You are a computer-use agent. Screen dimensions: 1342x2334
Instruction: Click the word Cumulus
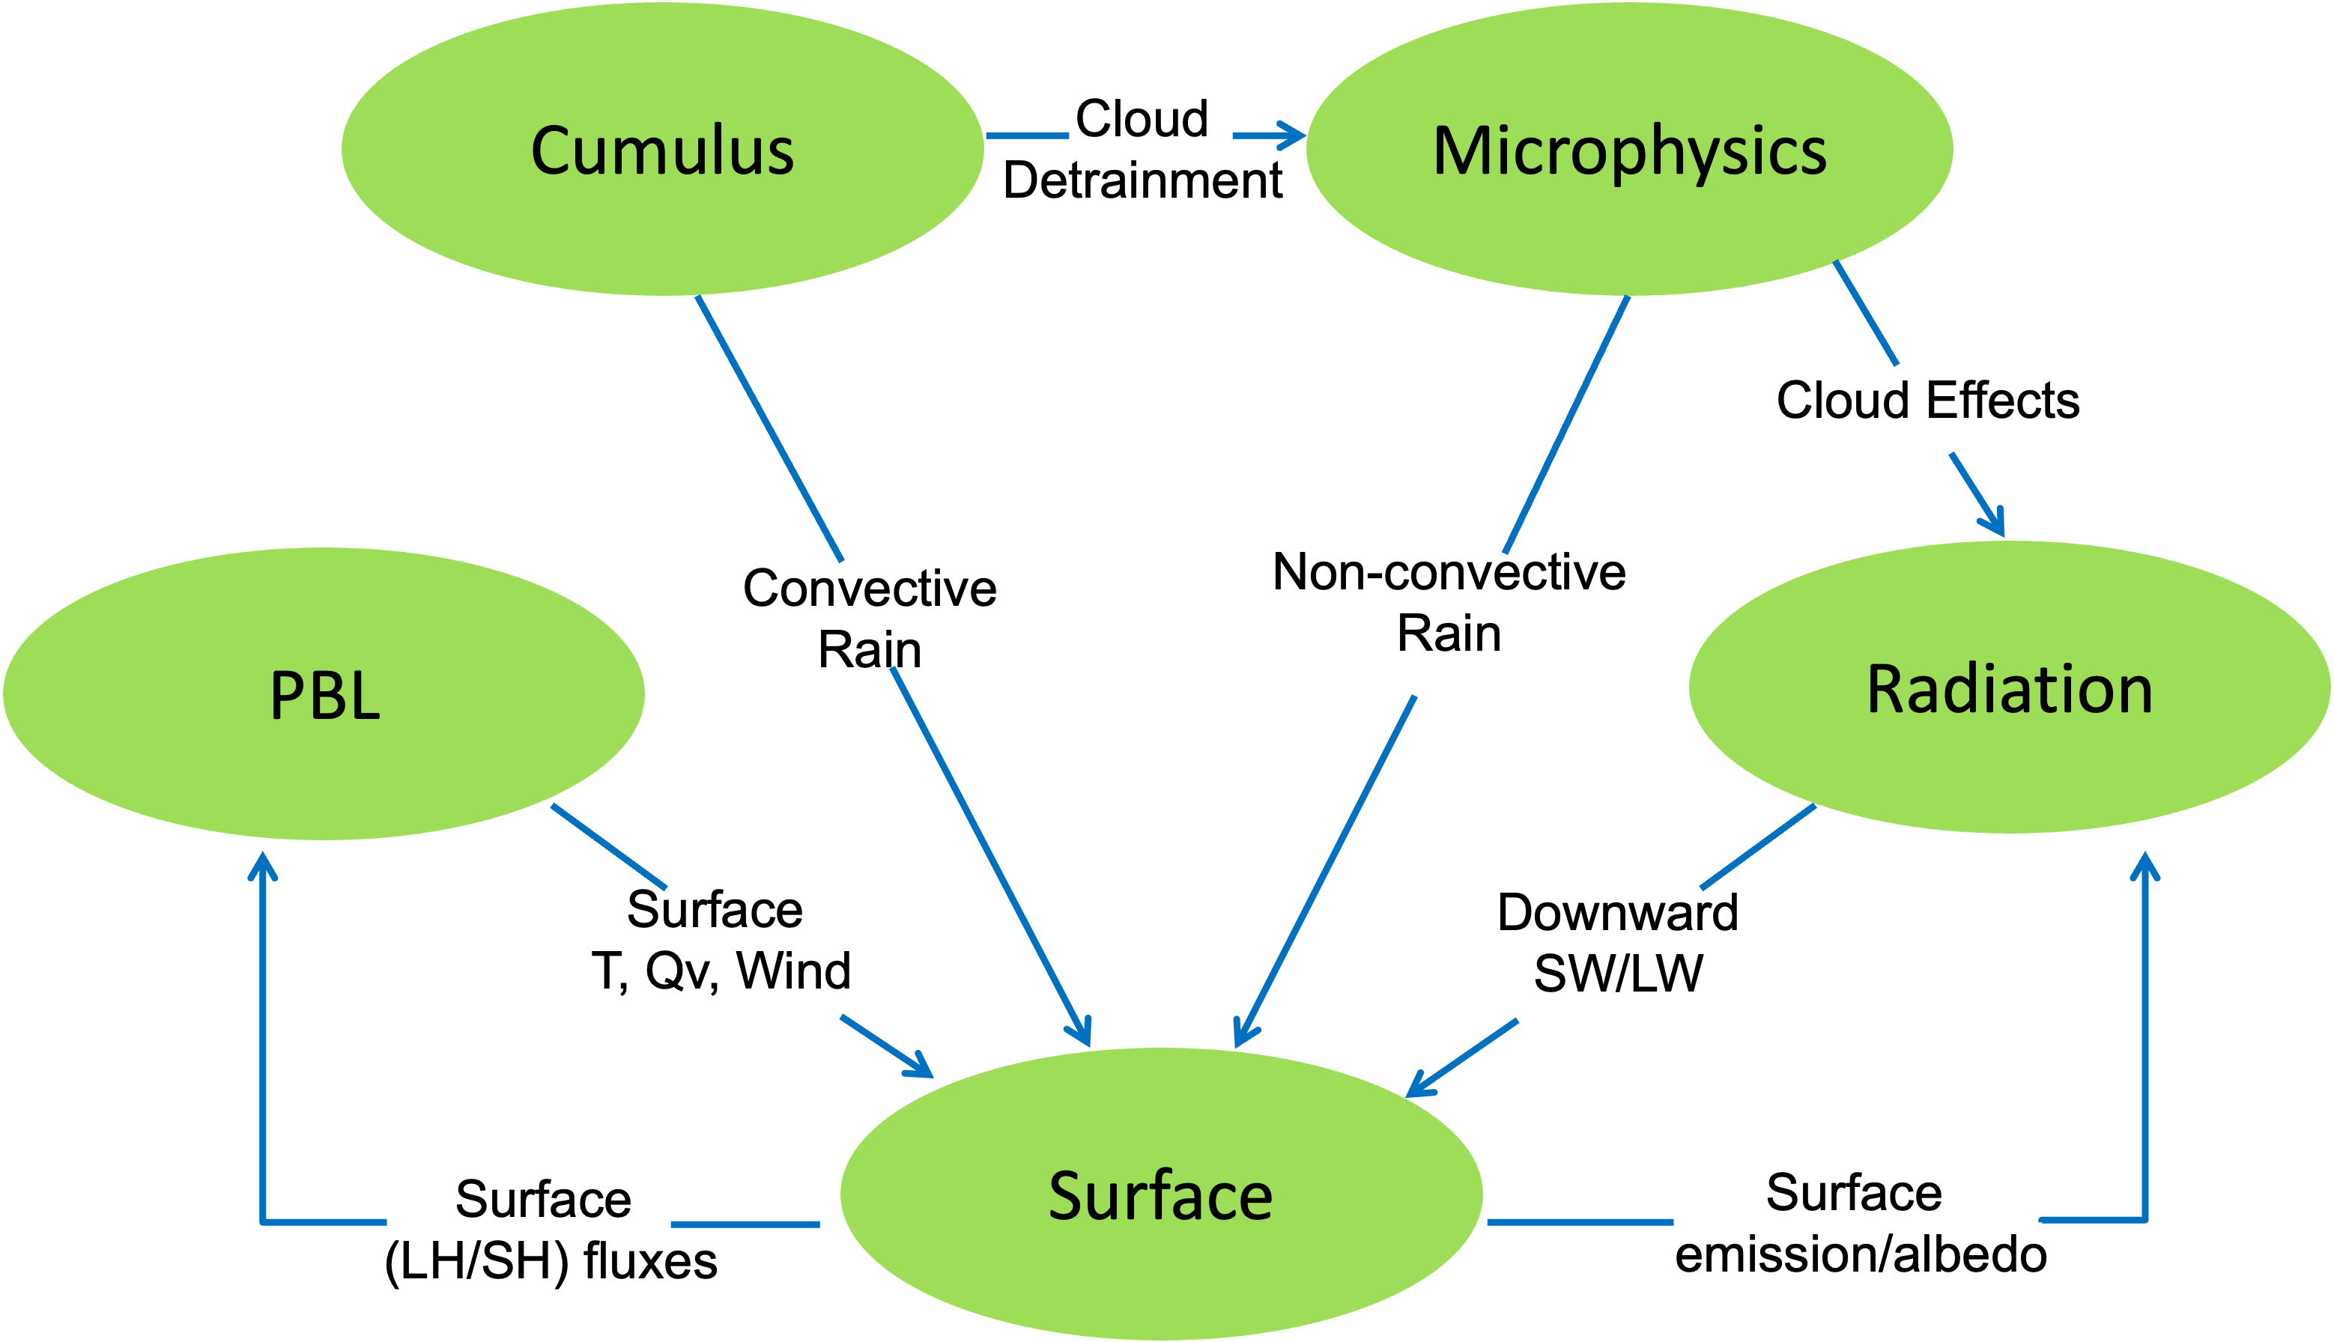[x=662, y=151]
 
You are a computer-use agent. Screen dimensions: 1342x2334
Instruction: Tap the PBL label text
[x=324, y=695]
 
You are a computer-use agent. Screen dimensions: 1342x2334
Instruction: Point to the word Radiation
[x=2010, y=690]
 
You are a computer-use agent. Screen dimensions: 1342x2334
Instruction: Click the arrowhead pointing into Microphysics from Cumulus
[x=1295, y=136]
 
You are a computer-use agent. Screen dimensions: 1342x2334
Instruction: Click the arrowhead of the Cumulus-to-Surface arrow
[x=1084, y=1035]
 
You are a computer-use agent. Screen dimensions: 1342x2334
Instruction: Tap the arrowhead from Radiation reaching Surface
[x=1418, y=1087]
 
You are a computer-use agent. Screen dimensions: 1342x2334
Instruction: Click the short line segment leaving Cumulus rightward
[x=1027, y=136]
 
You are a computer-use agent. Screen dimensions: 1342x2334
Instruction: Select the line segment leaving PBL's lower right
[x=608, y=847]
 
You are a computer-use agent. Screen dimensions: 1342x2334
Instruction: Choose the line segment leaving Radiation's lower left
[x=1758, y=847]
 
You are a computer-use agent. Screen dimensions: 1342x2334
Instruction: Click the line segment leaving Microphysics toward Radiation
[x=1866, y=312]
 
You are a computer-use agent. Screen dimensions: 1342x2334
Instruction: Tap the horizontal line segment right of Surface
[x=1580, y=1222]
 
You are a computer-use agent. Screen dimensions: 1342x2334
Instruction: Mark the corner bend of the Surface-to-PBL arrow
[x=264, y=1222]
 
